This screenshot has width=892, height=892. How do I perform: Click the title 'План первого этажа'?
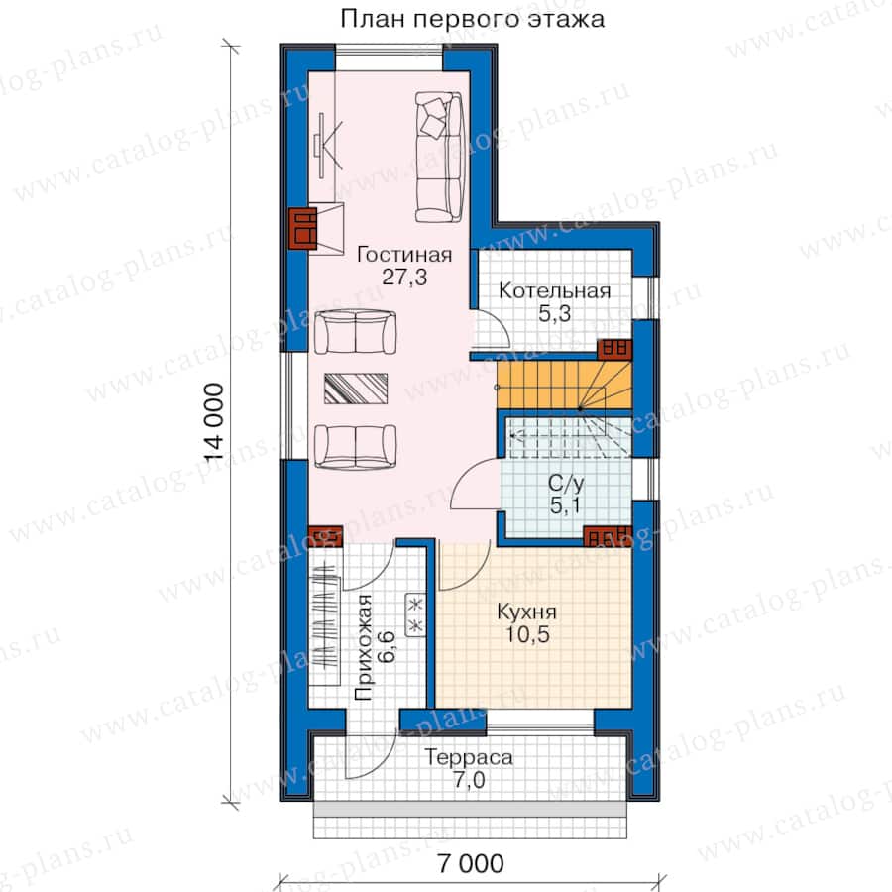coord(472,20)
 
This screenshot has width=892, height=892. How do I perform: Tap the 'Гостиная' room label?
coord(404,255)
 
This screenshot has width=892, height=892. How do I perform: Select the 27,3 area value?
coord(404,278)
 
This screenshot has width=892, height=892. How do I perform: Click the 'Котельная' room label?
coord(555,290)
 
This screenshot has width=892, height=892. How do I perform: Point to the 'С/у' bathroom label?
coord(566,484)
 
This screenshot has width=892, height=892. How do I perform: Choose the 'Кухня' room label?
coord(527,613)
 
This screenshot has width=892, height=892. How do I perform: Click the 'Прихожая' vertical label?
coord(363,647)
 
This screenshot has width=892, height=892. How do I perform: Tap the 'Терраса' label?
coord(469,757)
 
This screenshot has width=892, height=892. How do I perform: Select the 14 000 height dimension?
coord(214,422)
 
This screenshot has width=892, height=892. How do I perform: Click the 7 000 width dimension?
coord(471,863)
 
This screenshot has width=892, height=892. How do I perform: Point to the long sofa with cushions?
coord(439,157)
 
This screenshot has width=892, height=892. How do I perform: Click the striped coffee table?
coord(356,389)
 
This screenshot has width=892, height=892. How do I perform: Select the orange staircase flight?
coord(564,386)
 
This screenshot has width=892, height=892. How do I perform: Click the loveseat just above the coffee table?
coord(356,332)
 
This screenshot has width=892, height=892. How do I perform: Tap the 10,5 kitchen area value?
coord(528,634)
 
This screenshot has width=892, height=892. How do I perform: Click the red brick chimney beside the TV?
coord(302,229)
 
